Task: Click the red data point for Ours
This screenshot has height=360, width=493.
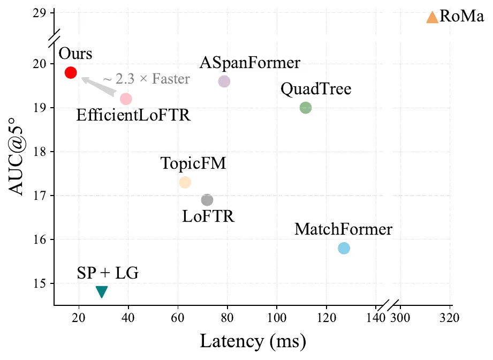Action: coord(71,72)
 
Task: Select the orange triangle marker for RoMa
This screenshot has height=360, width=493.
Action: coord(432,17)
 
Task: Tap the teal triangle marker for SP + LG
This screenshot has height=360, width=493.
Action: coord(102,291)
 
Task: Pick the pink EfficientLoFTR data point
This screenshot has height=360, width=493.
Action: coord(126,99)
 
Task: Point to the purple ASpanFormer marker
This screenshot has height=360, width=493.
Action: coord(224,81)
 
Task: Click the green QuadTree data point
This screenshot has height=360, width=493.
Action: coord(306,108)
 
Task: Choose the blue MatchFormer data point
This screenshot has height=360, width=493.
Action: coord(344,248)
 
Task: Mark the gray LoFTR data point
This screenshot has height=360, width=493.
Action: coord(207,200)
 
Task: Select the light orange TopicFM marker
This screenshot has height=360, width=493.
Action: coord(185,182)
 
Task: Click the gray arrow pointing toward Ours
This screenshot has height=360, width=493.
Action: coord(99,86)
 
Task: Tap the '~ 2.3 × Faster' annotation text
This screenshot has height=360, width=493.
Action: coord(146,79)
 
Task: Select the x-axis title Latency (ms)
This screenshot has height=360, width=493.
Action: coord(253,341)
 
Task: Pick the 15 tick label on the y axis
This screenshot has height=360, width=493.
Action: coord(40,283)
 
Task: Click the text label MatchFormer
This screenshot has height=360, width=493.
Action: coord(343,230)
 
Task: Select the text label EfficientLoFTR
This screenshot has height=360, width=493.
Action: coord(133,115)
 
